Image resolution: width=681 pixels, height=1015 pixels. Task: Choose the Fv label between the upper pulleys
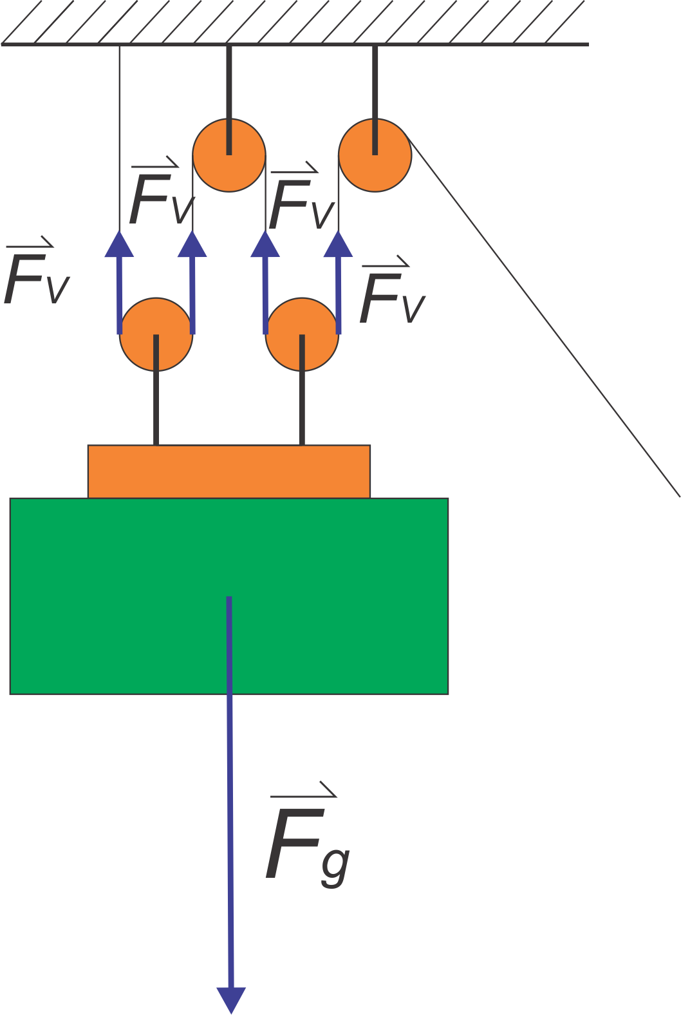[x=300, y=201]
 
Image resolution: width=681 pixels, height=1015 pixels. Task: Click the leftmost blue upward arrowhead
[x=119, y=245]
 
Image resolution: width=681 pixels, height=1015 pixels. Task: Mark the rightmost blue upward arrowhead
[x=338, y=245]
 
